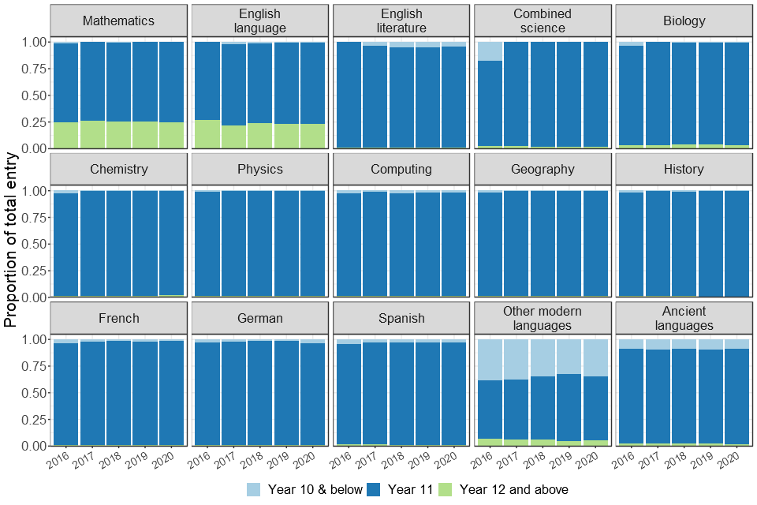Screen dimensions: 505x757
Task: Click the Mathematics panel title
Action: [118, 21]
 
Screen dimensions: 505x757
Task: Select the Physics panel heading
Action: [259, 169]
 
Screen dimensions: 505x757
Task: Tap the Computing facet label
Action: [401, 169]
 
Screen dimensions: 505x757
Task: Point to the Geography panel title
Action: [543, 169]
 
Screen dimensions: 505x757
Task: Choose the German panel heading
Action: [259, 318]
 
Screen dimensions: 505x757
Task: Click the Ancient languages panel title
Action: [684, 318]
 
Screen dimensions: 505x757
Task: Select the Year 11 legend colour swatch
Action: [376, 489]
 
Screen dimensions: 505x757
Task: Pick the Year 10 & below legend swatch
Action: [254, 489]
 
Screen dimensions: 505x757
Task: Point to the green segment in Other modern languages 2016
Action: [490, 442]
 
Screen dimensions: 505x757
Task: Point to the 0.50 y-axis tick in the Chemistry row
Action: [32, 244]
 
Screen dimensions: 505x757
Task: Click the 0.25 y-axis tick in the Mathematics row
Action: [32, 122]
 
